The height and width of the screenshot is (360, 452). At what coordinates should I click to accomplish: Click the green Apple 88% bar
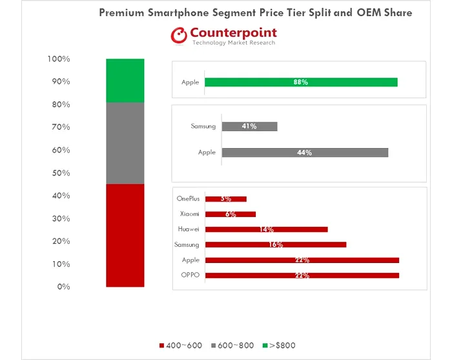[x=301, y=82]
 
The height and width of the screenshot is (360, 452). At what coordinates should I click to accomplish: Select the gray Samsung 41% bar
[x=249, y=127]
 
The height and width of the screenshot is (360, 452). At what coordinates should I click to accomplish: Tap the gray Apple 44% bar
[x=305, y=153]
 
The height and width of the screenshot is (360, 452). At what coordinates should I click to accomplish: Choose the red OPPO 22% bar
[x=302, y=275]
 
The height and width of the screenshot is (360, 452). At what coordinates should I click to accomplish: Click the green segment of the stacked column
[x=125, y=80]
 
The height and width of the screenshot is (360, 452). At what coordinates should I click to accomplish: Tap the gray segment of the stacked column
[x=125, y=143]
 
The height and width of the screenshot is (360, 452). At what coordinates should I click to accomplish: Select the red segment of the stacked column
[x=125, y=235]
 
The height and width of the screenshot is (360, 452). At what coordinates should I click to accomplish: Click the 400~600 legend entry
[x=181, y=346]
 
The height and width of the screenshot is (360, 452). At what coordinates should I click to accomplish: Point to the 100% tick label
[x=58, y=59]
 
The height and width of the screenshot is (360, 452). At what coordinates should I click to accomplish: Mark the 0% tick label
[x=62, y=286]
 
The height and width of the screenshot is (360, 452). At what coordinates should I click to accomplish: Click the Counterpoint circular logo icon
[x=179, y=36]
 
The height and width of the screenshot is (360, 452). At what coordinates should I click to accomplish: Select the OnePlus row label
[x=188, y=199]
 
